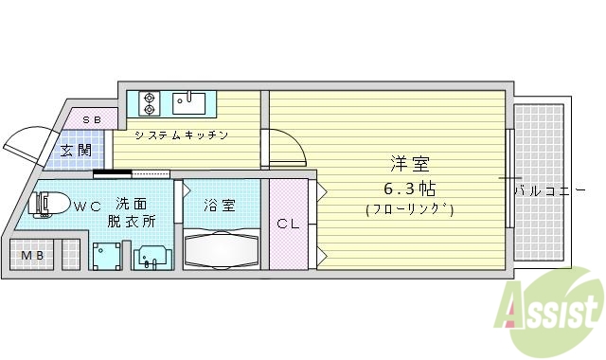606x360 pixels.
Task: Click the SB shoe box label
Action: click(x=92, y=119)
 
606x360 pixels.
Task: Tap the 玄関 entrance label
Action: click(x=77, y=150)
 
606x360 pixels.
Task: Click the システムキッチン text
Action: click(x=181, y=135)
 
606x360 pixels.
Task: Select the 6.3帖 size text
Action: click(x=409, y=187)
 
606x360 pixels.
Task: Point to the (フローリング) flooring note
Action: click(x=409, y=209)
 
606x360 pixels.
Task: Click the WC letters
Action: click(x=88, y=204)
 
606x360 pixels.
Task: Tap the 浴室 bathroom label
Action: click(x=221, y=205)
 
